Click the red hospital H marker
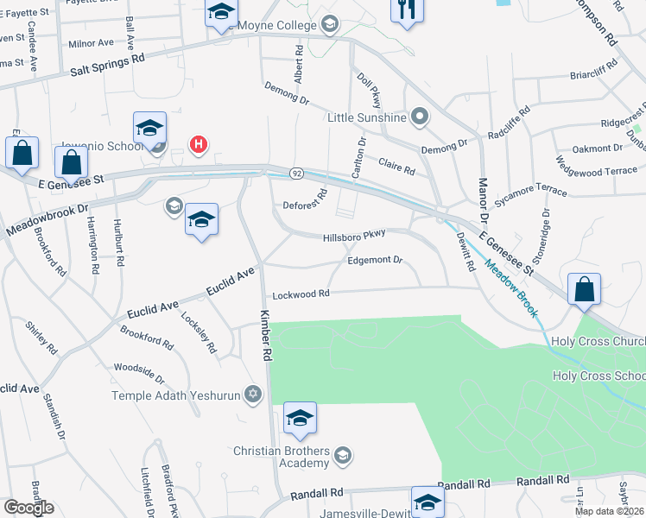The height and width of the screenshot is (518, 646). [x=199, y=144]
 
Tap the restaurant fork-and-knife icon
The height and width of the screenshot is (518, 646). [x=405, y=10]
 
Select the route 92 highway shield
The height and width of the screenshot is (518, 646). [x=296, y=174]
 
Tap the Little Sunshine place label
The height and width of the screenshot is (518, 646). [x=366, y=117]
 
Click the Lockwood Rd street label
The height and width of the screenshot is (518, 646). [x=301, y=294]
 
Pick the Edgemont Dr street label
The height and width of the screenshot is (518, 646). [x=375, y=260]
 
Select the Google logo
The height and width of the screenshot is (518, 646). [x=28, y=508]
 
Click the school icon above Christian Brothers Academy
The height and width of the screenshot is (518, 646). [x=300, y=419]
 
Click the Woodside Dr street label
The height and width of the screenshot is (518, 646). [x=139, y=374]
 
